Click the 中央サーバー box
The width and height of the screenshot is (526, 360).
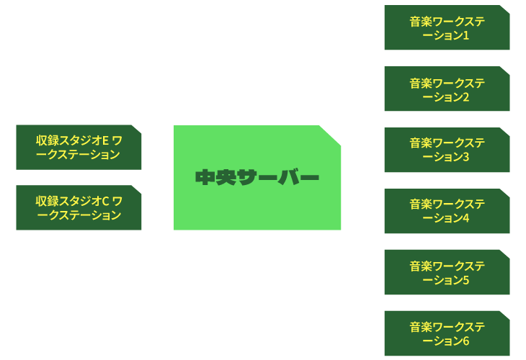pos(257,178)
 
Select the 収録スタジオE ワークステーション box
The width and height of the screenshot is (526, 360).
pos(79,147)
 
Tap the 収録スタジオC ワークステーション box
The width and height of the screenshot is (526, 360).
pos(79,207)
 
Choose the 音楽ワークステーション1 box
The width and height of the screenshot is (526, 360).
pos(447,27)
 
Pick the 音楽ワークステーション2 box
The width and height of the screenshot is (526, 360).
pos(447,89)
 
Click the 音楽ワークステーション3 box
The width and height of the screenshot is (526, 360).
pos(447,150)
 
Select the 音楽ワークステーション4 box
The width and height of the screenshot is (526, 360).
pos(447,211)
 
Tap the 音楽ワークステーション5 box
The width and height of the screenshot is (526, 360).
pos(447,272)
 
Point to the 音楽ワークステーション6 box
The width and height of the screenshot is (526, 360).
pos(447,333)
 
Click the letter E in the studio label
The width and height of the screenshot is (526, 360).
pos(105,141)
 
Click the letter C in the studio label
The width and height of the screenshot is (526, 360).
pos(105,201)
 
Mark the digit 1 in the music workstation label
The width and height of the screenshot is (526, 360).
pos(465,35)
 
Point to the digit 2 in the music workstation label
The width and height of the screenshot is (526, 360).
pos(465,97)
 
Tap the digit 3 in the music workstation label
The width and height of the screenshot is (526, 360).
pos(465,157)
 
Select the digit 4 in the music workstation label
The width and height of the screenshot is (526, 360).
pos(465,218)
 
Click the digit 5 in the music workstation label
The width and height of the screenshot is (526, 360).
pos(465,280)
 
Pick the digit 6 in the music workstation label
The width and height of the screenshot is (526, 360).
pos(465,341)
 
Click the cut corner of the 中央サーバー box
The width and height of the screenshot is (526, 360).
pos(330,135)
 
